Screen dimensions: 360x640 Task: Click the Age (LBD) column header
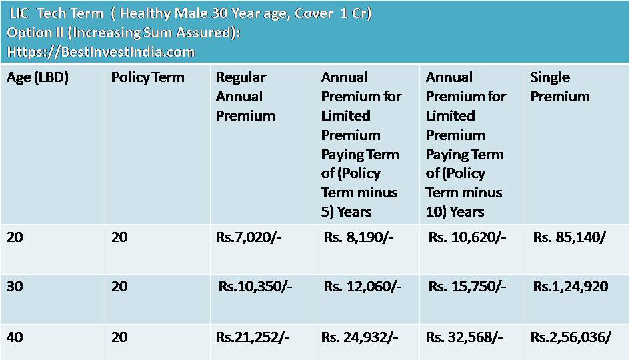38,77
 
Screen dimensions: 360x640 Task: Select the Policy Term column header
147,77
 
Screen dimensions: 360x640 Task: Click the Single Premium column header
559,87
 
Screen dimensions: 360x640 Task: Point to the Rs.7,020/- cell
249,237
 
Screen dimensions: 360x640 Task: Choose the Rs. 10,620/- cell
467,237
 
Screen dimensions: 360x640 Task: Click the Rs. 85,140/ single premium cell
569,237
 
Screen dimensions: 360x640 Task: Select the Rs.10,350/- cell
256,287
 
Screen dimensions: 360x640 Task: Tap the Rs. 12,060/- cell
363,287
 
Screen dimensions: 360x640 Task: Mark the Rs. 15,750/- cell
467,287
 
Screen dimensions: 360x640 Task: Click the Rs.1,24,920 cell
570,287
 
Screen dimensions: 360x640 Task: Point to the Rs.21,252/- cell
253,337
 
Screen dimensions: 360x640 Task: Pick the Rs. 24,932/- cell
360,337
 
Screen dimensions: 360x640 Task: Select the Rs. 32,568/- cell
465,337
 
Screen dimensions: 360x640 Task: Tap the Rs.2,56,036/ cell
571,337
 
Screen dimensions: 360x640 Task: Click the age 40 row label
15,337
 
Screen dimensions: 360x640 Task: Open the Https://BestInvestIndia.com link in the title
101,51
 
